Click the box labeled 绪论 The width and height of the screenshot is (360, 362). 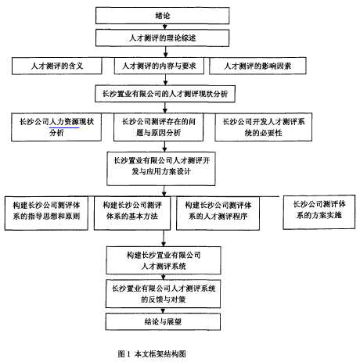click(162, 16)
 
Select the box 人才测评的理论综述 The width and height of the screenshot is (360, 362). click(162, 38)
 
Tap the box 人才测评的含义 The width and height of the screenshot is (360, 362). click(56, 66)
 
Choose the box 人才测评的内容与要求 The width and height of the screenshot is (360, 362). click(159, 66)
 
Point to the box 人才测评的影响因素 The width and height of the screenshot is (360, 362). click(257, 66)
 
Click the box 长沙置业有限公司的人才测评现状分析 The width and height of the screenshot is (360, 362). click(165, 94)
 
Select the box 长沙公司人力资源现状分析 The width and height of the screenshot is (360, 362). click(56, 127)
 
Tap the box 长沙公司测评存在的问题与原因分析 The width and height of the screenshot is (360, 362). click(158, 127)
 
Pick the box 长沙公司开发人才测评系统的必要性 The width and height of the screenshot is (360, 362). click(263, 127)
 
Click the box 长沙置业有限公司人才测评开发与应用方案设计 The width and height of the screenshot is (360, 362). click(161, 169)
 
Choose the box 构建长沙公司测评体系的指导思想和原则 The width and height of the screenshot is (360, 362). click(46, 213)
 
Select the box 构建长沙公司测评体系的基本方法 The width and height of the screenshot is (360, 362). click(132, 213)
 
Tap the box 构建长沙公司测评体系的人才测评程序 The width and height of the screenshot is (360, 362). click(218, 213)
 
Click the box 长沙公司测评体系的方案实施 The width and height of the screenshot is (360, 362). click(319, 212)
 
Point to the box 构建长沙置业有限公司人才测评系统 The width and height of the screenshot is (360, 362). click(164, 260)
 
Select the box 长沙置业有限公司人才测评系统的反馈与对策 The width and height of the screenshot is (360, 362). click(163, 294)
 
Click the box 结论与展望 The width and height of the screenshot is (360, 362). click(163, 321)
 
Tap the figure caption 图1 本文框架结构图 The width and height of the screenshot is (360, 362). click(152, 354)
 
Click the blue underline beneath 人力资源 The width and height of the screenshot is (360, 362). click(64, 127)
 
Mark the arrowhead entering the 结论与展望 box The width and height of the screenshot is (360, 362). click(163, 311)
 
